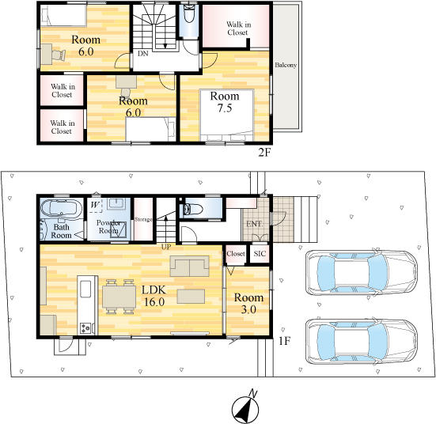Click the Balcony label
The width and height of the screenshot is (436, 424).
pos(286,65)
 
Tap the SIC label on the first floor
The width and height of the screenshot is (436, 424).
pos(260,254)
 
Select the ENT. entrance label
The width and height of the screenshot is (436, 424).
pos(254,224)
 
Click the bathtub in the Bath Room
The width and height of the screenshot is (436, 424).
pos(61,208)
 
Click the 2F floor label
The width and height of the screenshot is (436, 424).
pos(264,153)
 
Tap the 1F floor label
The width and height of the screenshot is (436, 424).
pos(285,341)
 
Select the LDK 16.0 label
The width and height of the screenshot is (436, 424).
pos(154,296)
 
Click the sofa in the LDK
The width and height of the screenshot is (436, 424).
pos(190,266)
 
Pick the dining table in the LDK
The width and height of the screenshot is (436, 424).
pos(119,297)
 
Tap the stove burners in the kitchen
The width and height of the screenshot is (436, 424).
pos(85,327)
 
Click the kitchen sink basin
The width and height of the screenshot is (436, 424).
pos(85,289)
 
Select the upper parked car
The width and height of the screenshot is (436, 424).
pos(361,273)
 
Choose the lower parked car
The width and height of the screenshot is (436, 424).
pos(361,342)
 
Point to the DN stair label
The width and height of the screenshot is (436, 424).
pos(143,53)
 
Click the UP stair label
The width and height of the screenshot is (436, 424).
pos(166,247)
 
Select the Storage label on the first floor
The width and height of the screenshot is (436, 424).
pos(143,219)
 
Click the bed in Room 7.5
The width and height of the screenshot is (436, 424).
pos(227,115)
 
